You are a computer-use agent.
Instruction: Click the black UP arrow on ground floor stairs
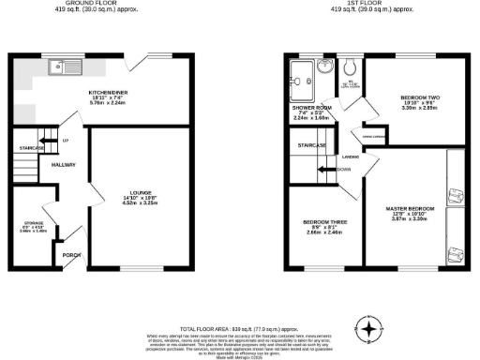click(54, 142)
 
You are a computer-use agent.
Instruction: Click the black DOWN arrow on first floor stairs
click(328, 170)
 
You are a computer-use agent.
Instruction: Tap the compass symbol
click(372, 330)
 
